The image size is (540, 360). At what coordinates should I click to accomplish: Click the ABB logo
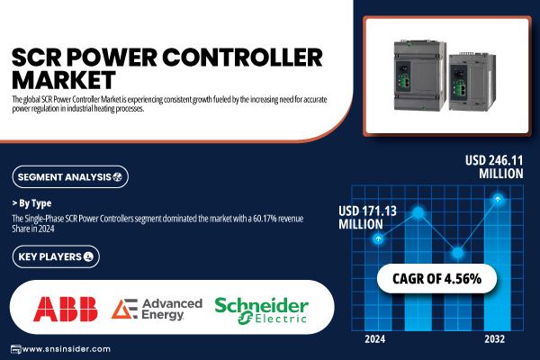pyautogui.click(x=66, y=309)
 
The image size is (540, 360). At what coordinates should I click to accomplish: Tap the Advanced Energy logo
pyautogui.click(x=157, y=309)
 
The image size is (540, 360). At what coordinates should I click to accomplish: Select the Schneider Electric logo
pyautogui.click(x=261, y=310)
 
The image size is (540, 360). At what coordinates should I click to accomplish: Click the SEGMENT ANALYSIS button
pyautogui.click(x=70, y=176)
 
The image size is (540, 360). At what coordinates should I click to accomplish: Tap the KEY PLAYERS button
pyautogui.click(x=56, y=256)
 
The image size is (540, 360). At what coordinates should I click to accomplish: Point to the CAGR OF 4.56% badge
pyautogui.click(x=436, y=279)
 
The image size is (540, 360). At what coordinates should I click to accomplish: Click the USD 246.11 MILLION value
pyautogui.click(x=494, y=166)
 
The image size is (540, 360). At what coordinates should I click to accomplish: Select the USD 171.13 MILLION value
pyautogui.click(x=367, y=218)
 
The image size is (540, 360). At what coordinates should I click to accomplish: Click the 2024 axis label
pyautogui.click(x=375, y=339)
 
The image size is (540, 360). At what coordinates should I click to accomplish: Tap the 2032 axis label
pyautogui.click(x=494, y=339)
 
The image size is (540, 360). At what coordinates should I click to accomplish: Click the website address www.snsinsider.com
pyautogui.click(x=66, y=349)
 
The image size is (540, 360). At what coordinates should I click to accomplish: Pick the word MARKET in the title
pyautogui.click(x=64, y=80)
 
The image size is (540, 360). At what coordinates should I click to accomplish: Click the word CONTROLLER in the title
pyautogui.click(x=242, y=58)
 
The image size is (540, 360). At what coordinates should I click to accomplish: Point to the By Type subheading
pyautogui.click(x=31, y=203)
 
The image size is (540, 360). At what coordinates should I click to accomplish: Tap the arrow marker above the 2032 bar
pyautogui.click(x=498, y=199)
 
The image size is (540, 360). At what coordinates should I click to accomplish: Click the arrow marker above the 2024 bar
pyautogui.click(x=378, y=238)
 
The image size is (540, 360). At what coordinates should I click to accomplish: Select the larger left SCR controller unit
pyautogui.click(x=420, y=75)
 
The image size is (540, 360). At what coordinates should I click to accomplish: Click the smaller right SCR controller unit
pyautogui.click(x=472, y=82)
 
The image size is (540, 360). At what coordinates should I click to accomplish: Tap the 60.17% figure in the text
pyautogui.click(x=265, y=219)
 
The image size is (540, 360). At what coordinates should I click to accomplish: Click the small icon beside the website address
pyautogui.click(x=16, y=349)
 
